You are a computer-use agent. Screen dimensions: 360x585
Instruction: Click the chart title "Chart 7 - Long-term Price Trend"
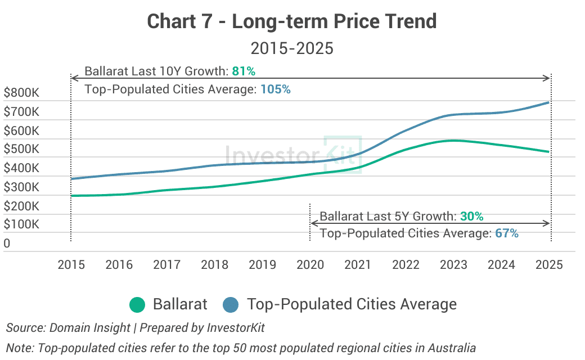(292, 21)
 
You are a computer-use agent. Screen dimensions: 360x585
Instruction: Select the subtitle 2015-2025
(292, 48)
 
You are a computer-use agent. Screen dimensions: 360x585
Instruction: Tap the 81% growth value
(244, 71)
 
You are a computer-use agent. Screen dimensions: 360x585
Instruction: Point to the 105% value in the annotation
(276, 89)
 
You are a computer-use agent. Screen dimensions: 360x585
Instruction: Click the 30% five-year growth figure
(471, 216)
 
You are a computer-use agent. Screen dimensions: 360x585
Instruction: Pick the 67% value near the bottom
(507, 233)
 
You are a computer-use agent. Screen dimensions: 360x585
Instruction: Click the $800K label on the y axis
(21, 93)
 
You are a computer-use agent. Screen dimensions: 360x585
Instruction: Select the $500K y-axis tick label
(21, 150)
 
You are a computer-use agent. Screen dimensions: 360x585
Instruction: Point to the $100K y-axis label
(21, 224)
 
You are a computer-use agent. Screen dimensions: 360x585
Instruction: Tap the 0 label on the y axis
(7, 244)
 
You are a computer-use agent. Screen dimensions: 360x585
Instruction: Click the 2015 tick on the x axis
(71, 264)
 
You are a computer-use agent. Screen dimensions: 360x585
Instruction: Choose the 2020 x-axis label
(310, 264)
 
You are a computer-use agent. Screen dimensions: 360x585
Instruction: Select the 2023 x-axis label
(453, 264)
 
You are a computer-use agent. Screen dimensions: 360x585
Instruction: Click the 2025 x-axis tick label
(549, 264)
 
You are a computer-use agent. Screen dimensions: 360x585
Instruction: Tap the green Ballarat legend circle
(137, 305)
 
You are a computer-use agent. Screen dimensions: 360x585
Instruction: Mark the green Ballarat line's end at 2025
(548, 151)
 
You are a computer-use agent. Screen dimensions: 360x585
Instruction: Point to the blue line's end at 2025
(548, 102)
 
